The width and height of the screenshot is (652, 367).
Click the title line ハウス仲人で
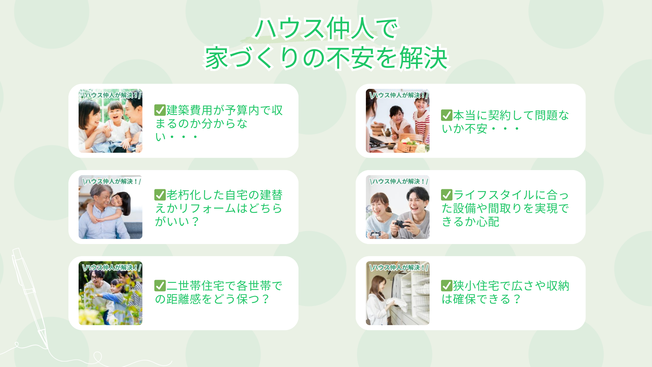coord(326,29)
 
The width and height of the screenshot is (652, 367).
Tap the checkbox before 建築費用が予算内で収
coord(160,110)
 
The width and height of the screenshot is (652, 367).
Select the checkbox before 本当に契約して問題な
coord(446,115)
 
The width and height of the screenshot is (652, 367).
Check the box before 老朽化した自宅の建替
coord(160,195)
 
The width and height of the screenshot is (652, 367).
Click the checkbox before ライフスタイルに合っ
coord(446,195)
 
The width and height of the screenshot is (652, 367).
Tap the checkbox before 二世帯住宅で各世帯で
coord(160,286)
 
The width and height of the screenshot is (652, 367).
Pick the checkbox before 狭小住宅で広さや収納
coord(446,286)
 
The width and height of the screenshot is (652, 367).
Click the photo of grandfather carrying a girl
coord(110,210)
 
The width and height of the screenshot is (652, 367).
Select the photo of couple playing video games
coord(397,210)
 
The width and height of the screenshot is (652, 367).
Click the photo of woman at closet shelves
coord(397,296)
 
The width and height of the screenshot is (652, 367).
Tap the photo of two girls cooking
coord(397,124)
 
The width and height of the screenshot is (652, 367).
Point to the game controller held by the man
coord(402,224)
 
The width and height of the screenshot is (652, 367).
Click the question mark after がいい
coord(195,221)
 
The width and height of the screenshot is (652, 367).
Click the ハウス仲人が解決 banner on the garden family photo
coord(111,267)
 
